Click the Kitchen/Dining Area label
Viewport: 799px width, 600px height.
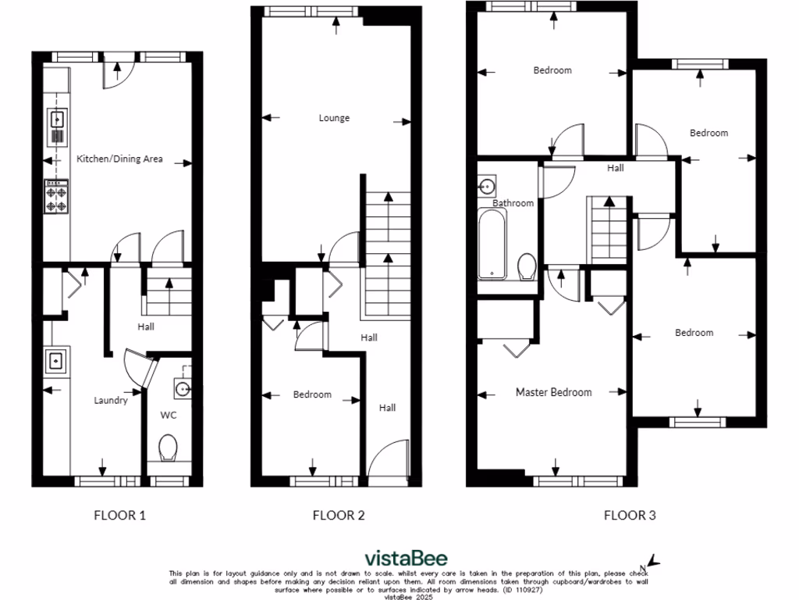click(x=119, y=159)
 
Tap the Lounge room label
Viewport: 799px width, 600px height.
click(x=334, y=119)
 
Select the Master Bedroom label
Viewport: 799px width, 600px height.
click(x=553, y=392)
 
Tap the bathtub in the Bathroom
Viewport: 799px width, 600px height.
click(x=493, y=244)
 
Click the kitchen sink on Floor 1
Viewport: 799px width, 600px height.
click(x=58, y=120)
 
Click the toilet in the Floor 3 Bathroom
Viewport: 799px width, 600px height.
click(x=526, y=266)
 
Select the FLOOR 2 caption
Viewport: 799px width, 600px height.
click(x=339, y=516)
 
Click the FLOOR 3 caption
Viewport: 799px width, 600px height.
click(x=630, y=516)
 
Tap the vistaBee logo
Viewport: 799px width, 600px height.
click(x=407, y=558)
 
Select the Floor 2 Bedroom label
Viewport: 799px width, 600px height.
click(x=312, y=395)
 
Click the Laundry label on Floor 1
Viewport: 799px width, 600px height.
click(x=111, y=401)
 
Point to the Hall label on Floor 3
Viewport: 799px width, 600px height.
click(x=616, y=167)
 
